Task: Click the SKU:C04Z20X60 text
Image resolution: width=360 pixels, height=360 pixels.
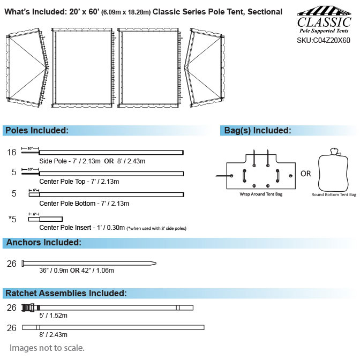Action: [x=323, y=40]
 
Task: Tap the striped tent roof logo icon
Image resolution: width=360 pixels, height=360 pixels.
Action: [x=324, y=11]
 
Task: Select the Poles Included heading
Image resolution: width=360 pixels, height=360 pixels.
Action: [x=37, y=130]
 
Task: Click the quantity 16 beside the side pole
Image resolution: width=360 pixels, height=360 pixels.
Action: [x=12, y=152]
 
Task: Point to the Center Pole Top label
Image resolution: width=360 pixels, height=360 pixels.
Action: [x=79, y=182]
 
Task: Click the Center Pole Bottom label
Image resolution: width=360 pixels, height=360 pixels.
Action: [x=84, y=204]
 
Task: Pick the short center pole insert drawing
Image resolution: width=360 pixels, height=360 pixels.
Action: [x=46, y=219]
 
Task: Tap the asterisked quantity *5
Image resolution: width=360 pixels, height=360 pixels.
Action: [x=12, y=219]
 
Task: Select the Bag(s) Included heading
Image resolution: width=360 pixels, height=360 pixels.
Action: [x=258, y=130]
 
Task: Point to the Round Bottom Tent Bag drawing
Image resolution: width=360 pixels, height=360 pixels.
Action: [x=333, y=170]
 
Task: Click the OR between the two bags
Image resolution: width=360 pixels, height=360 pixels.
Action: [x=305, y=174]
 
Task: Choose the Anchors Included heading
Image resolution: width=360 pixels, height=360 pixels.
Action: [x=43, y=243]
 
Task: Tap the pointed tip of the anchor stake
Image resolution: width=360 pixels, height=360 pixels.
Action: [x=156, y=264]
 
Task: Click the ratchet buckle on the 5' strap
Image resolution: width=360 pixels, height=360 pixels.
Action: [x=28, y=307]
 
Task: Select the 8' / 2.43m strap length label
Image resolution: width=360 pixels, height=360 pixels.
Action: [x=53, y=335]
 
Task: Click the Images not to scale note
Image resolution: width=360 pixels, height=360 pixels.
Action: [x=47, y=348]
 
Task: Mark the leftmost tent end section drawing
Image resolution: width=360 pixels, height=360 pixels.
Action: [x=27, y=67]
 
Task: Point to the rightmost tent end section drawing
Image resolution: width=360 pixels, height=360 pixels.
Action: [x=204, y=67]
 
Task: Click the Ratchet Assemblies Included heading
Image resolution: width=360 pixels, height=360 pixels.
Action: [x=66, y=293]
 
